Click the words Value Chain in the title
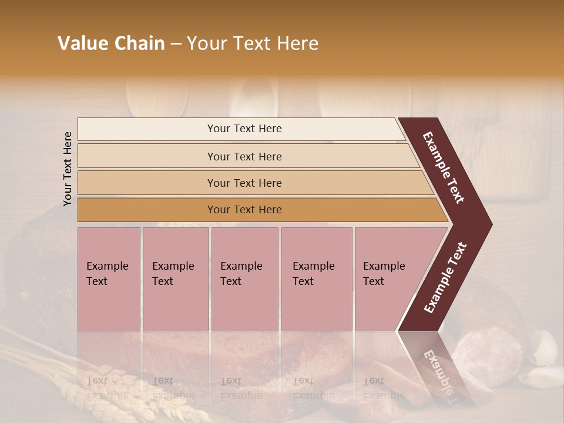111,43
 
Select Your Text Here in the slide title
252,43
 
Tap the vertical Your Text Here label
68,169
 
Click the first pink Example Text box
109,279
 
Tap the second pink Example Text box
175,279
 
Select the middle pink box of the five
244,279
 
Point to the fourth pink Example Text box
316,279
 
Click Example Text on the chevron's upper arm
444,167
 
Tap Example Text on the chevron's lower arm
445,277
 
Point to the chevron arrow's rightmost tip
491,224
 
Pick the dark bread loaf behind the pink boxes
35,264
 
